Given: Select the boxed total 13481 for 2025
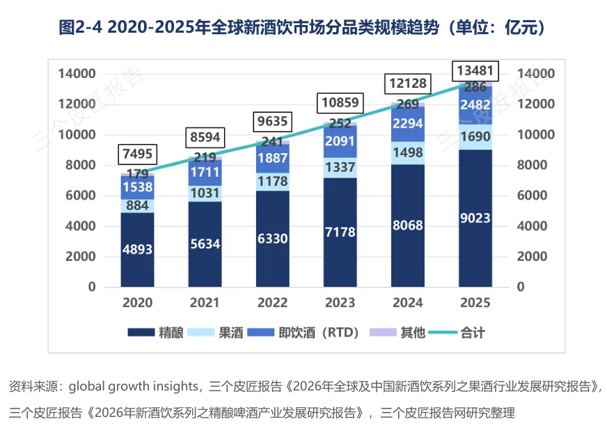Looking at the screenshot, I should pos(475,70).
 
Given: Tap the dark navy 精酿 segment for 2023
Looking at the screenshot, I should pos(340,230).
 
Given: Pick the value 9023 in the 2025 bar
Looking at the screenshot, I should pos(475,218).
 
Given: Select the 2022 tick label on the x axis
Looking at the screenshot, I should pos(272,303).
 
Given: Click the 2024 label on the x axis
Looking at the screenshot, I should pos(408,303).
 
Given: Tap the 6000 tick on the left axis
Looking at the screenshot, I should pos(79,196).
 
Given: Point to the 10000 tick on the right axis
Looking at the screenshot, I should pos(535,134).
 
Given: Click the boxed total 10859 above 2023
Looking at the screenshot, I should pos(340,103).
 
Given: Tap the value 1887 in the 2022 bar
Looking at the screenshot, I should pos(272,158).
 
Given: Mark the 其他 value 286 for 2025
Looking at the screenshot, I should pos(475,87).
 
